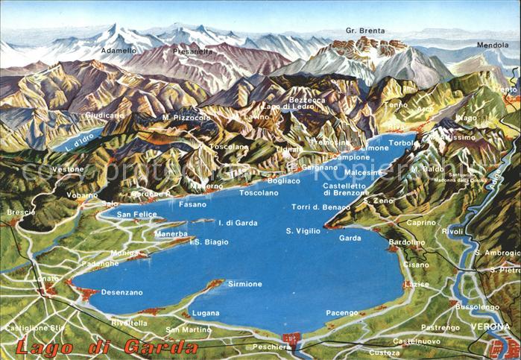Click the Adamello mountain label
point(119,51)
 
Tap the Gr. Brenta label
point(365,31)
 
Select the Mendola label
point(493,45)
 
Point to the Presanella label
point(192,52)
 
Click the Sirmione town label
point(244,284)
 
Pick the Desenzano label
point(121,292)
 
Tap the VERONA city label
point(490,326)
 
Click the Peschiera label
point(271,347)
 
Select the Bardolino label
point(407,242)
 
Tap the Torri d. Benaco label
point(321,206)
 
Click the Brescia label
point(21,212)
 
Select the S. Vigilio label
point(303,231)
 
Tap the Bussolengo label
point(477,306)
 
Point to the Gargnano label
point(319,168)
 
